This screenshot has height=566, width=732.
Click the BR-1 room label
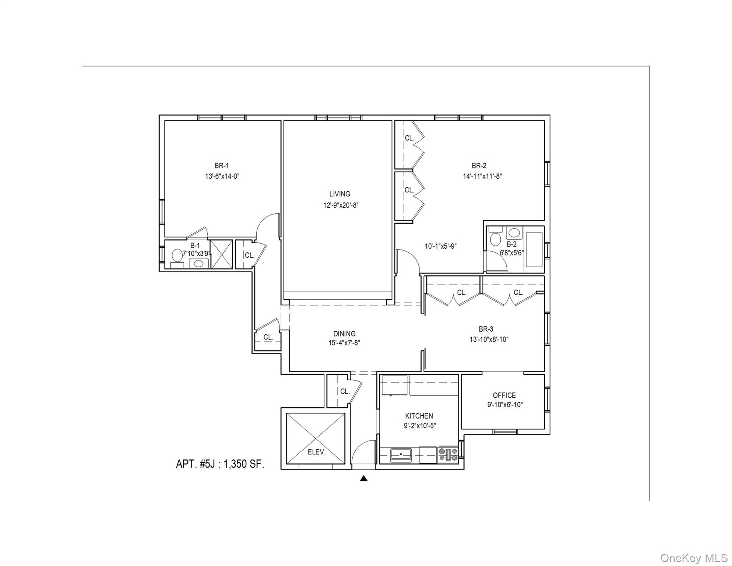(x=221, y=166)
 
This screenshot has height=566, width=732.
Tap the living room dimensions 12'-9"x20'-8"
(x=341, y=206)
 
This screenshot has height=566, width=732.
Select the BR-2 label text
(x=479, y=166)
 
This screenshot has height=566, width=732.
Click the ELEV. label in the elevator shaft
(x=316, y=452)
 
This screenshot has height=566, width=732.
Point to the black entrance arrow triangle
(x=363, y=478)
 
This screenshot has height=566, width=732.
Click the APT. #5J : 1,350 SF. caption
(x=220, y=464)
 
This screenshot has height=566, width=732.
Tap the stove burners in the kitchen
(x=448, y=454)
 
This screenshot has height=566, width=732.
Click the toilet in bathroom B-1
(x=177, y=255)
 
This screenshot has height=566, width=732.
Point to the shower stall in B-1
(x=222, y=254)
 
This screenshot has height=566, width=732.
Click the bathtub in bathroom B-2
(x=534, y=249)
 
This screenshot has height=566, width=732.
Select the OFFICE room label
(x=504, y=395)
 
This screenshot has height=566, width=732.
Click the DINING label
(x=344, y=333)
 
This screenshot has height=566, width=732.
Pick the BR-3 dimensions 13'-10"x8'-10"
(x=489, y=340)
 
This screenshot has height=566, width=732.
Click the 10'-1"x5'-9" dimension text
(x=440, y=246)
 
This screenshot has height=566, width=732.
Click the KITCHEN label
(x=419, y=416)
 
